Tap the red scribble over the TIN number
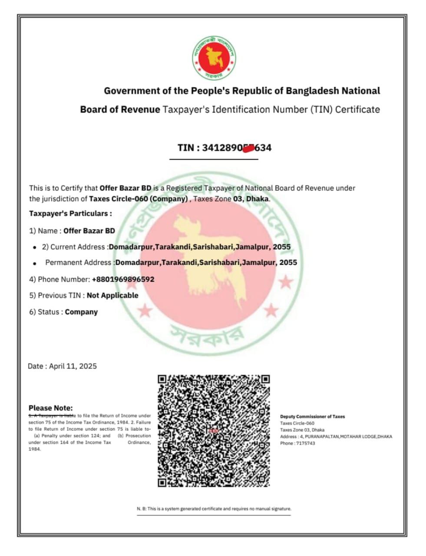[x=248, y=149]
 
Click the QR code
[x=214, y=430]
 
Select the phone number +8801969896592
[x=123, y=279]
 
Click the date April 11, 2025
[x=73, y=366]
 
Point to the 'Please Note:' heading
[x=51, y=408]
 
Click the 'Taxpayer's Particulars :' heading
[x=70, y=214]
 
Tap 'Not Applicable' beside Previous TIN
[x=112, y=295]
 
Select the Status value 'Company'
[x=81, y=312]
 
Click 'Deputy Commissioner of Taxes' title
[x=312, y=417]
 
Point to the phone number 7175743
[x=305, y=443]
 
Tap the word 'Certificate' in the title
[x=357, y=109]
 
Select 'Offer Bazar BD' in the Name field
[x=89, y=231]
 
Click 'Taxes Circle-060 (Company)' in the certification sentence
[x=139, y=199]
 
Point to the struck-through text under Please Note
[x=52, y=416]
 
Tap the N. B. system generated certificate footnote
[x=214, y=509]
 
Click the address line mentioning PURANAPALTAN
[x=336, y=437]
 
